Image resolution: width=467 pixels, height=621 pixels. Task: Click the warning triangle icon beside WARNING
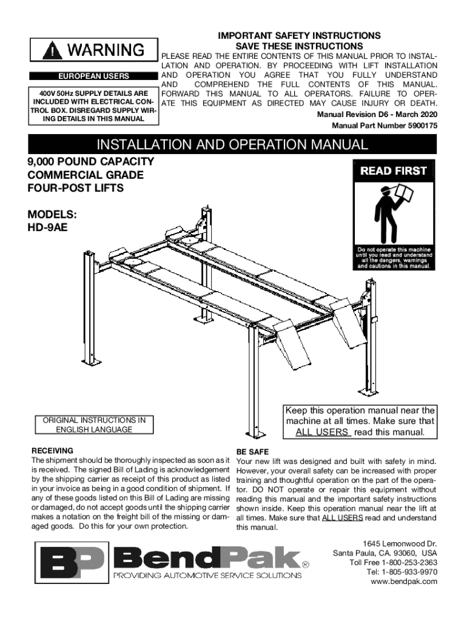pyautogui.click(x=56, y=50)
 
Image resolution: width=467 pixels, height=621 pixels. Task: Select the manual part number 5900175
pyautogui.click(x=417, y=126)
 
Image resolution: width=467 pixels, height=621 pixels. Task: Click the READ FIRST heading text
pyautogui.click(x=394, y=171)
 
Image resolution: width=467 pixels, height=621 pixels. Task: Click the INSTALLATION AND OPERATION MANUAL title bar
pyautogui.click(x=233, y=144)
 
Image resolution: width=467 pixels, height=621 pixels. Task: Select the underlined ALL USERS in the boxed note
pyautogui.click(x=323, y=432)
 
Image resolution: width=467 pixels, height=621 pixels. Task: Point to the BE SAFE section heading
pyautogui.click(x=253, y=452)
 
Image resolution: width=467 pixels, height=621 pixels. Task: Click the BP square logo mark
pyautogui.click(x=67, y=563)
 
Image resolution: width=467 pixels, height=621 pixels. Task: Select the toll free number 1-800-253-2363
pyautogui.click(x=410, y=562)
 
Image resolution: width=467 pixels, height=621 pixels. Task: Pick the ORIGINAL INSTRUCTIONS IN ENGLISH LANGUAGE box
pyautogui.click(x=94, y=425)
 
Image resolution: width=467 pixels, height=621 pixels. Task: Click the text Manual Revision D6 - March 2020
pyautogui.click(x=377, y=115)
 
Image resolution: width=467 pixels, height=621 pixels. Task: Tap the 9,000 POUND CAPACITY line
pyautogui.click(x=90, y=162)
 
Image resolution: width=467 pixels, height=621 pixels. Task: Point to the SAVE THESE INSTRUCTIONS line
pyautogui.click(x=299, y=46)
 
